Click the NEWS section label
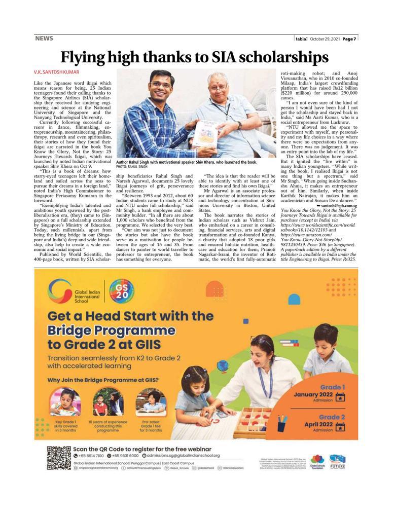[44, 38]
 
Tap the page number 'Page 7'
[348, 39]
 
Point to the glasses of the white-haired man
[218, 87]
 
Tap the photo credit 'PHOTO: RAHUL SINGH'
[131, 166]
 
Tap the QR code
[59, 458]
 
